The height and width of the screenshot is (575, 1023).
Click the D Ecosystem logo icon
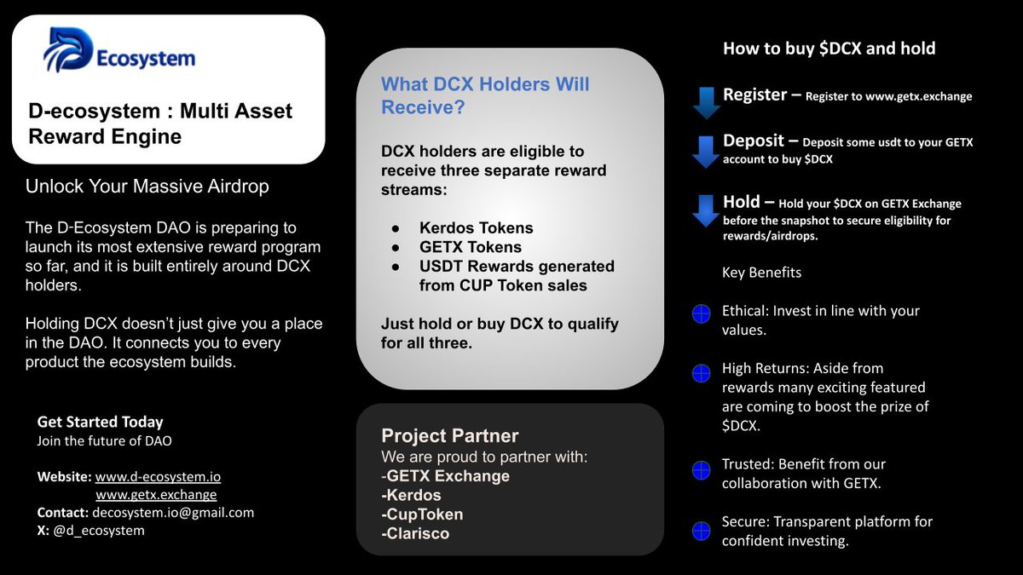click(x=69, y=50)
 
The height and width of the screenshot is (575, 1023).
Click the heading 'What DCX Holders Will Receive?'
click(x=484, y=95)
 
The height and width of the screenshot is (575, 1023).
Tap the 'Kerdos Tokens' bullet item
click(x=476, y=228)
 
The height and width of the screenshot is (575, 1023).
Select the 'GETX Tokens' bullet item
click(x=470, y=247)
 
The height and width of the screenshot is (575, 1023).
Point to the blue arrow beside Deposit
click(x=706, y=150)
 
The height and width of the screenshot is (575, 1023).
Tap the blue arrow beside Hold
click(x=706, y=210)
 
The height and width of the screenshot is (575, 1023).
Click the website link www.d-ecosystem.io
click(x=158, y=477)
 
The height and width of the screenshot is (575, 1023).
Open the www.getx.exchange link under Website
click(x=156, y=495)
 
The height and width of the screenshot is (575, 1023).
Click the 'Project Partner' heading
click(x=449, y=436)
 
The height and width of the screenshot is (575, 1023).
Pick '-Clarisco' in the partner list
click(x=415, y=534)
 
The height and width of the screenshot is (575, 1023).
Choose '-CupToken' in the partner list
click(x=422, y=515)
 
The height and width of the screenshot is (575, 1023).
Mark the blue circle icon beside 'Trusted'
click(x=701, y=469)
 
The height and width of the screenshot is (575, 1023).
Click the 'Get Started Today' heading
click(x=100, y=423)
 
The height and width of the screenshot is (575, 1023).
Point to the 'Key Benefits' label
click(x=761, y=273)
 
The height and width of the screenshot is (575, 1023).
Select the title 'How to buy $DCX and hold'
click(x=829, y=49)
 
